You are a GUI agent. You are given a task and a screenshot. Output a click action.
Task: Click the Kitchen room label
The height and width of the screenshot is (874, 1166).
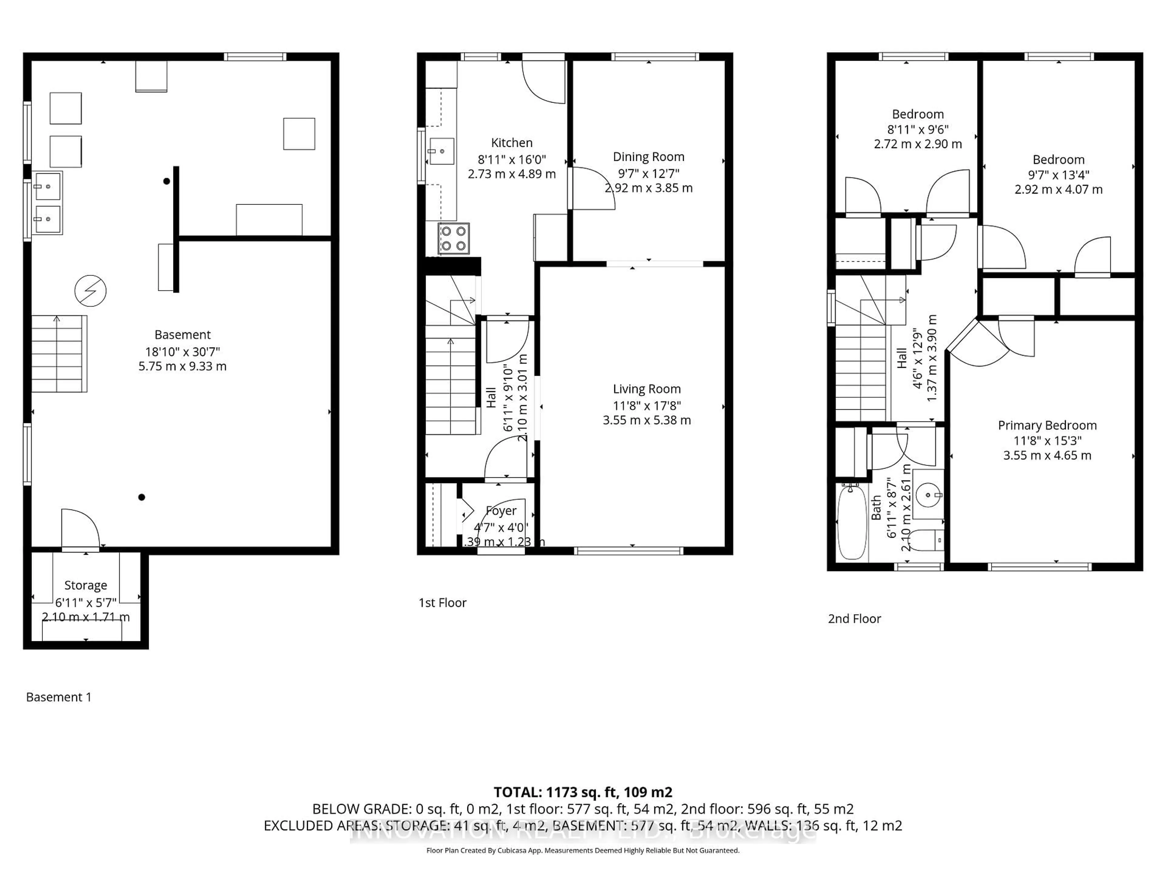(511, 143)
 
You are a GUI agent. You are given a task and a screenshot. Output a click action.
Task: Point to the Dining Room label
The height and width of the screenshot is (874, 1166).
(648, 157)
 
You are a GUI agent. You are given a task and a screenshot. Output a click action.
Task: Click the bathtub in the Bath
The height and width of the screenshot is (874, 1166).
(851, 522)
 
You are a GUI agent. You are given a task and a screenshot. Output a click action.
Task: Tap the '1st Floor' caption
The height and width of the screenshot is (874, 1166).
(442, 603)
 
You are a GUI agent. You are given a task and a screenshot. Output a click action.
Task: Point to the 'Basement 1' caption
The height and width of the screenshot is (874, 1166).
(59, 697)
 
